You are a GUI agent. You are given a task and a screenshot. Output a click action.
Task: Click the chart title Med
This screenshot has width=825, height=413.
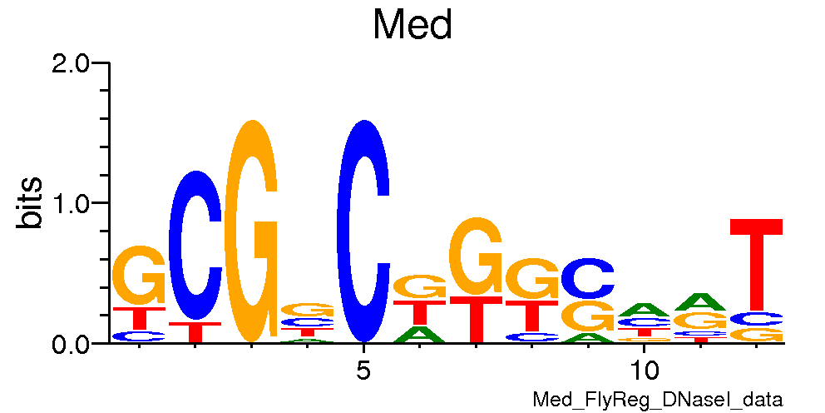click(x=412, y=25)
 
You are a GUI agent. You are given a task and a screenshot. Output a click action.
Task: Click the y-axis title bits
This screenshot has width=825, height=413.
click(x=31, y=202)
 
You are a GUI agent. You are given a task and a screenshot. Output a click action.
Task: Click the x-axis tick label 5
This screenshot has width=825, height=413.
click(x=363, y=369)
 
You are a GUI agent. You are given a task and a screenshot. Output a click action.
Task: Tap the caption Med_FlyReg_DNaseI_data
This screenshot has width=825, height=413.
click(x=658, y=400)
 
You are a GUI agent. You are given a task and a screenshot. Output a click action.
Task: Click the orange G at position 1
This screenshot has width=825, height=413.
click(x=139, y=276)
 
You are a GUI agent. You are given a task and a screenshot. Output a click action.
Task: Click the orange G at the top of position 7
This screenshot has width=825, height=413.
click(x=475, y=256)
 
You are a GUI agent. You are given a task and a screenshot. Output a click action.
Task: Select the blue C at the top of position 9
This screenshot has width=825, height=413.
click(x=587, y=278)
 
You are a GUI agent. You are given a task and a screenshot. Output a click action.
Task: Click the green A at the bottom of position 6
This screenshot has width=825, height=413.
click(x=419, y=335)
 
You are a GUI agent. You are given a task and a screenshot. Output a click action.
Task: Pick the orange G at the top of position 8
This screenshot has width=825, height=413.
click(x=531, y=279)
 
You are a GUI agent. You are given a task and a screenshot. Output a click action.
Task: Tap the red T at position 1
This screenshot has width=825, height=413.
click(x=139, y=318)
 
